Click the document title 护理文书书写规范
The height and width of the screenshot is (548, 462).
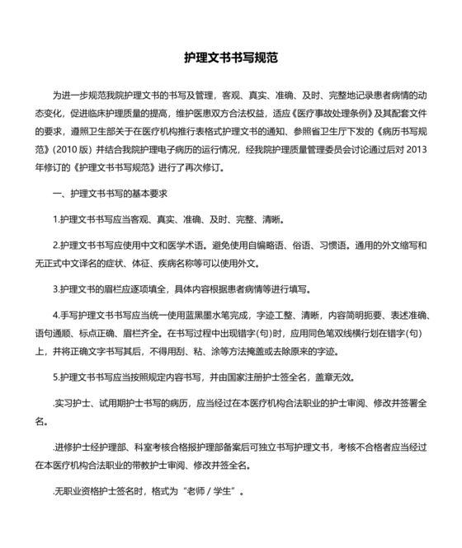(x=231, y=59)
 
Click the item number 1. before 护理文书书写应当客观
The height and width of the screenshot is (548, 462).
(x=54, y=221)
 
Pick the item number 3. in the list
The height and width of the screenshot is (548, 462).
(x=54, y=290)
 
